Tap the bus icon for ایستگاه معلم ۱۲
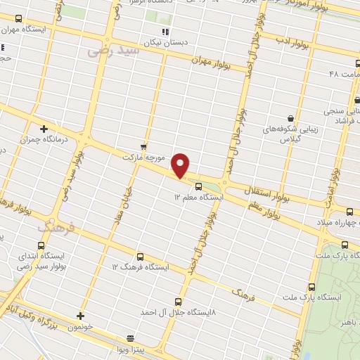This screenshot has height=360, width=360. (x=198, y=187)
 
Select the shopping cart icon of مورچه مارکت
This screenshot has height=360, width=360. (x=143, y=146)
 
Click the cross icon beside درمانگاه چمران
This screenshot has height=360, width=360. (x=44, y=129)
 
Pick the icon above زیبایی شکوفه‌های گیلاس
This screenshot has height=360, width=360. (x=290, y=118)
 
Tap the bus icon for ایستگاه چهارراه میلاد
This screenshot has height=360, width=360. (x=351, y=212)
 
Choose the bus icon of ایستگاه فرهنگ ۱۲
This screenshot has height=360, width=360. (x=140, y=257)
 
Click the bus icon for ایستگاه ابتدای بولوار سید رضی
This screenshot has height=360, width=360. (x=41, y=246)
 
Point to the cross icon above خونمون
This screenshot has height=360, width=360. (x=80, y=316)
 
